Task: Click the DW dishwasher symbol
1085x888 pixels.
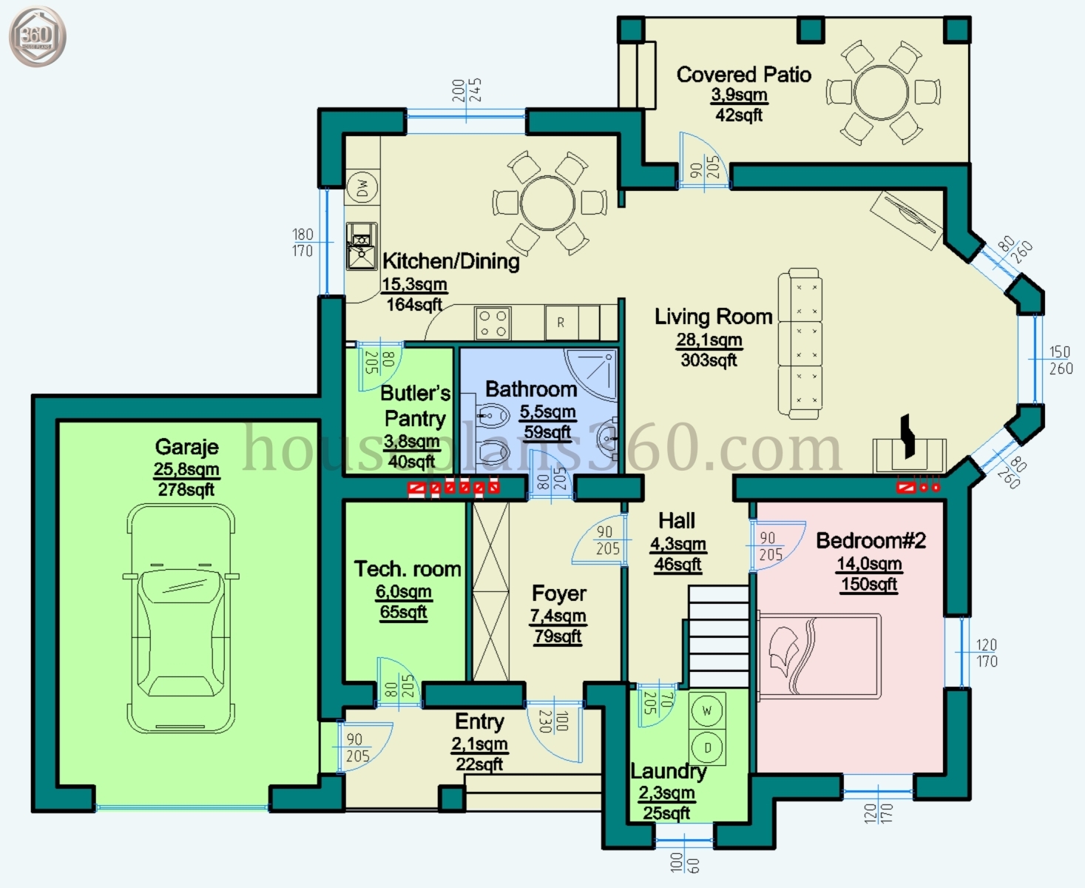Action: pyautogui.click(x=362, y=188)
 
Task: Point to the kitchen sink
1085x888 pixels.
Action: pyautogui.click(x=362, y=247)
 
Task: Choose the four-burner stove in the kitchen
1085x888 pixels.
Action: pyautogui.click(x=493, y=323)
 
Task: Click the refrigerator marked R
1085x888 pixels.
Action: pyautogui.click(x=561, y=323)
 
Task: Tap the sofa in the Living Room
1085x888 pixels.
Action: pyautogui.click(x=800, y=342)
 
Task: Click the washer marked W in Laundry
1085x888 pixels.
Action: pyautogui.click(x=707, y=711)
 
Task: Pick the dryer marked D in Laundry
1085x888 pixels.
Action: pyautogui.click(x=707, y=747)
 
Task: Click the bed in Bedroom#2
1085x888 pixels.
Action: pyautogui.click(x=819, y=656)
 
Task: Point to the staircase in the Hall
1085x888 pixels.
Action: pyautogui.click(x=718, y=636)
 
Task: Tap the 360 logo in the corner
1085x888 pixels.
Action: pyautogui.click(x=37, y=36)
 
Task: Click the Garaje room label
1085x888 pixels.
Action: pyautogui.click(x=186, y=447)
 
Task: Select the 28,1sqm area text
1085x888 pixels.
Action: pyautogui.click(x=709, y=340)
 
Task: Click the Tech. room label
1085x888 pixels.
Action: pyautogui.click(x=407, y=569)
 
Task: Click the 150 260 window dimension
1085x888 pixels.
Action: pyautogui.click(x=1060, y=360)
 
